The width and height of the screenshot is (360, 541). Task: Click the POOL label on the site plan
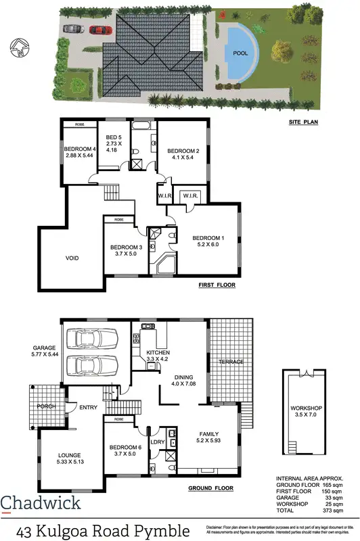click(240, 53)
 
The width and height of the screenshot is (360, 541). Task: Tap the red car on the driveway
click(99, 29)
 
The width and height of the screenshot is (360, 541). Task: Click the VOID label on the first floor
click(72, 258)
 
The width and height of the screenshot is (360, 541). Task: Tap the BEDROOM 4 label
click(78, 149)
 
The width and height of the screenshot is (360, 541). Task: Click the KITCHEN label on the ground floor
click(157, 352)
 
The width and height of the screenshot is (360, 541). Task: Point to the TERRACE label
click(230, 362)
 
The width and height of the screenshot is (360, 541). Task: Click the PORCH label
click(47, 406)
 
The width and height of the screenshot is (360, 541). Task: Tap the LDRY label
click(157, 443)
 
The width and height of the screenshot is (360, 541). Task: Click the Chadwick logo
click(41, 502)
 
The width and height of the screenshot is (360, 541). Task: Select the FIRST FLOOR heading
click(217, 285)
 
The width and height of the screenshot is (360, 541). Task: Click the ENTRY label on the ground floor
click(88, 407)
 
